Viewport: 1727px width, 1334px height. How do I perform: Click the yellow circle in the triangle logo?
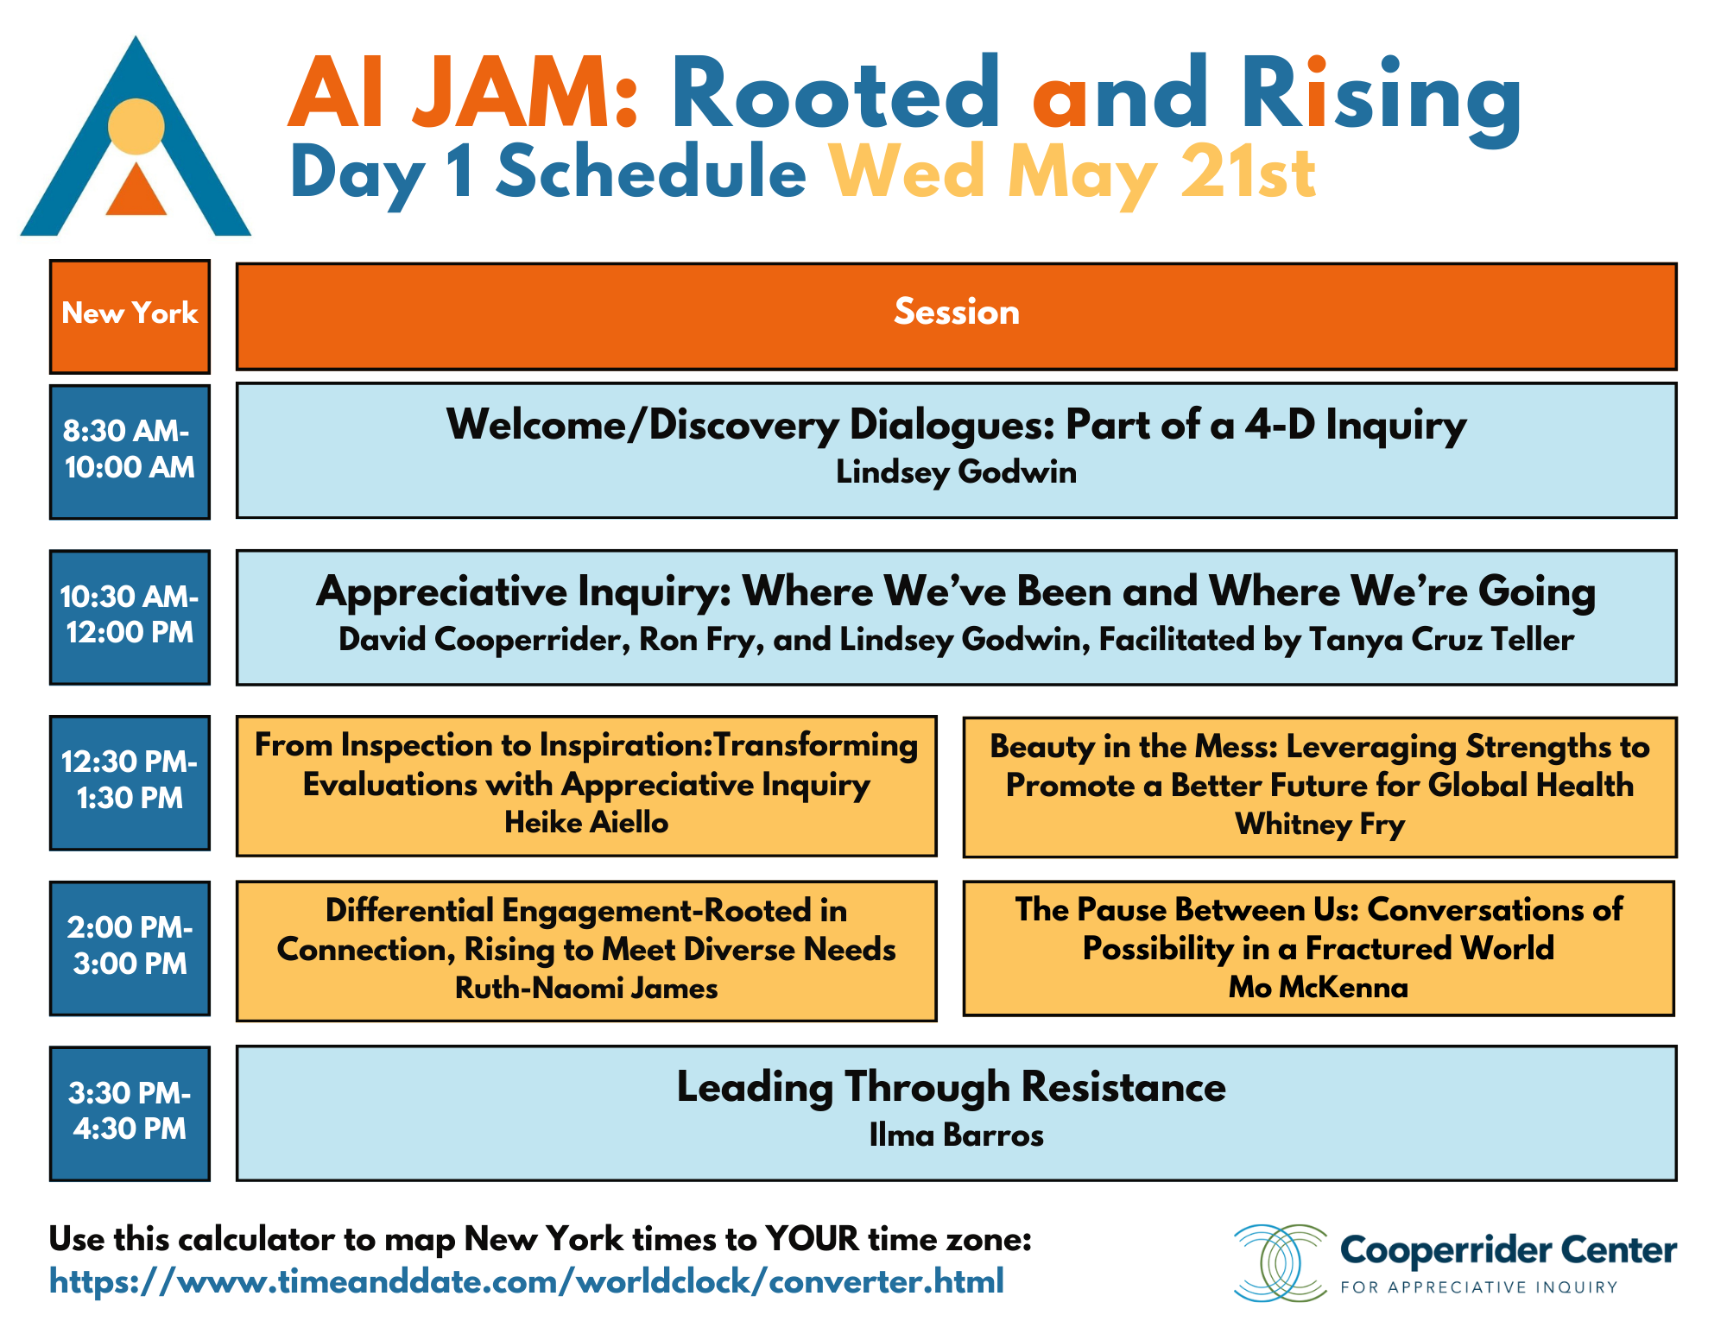(136, 127)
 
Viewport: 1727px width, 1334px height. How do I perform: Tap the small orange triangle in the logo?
(136, 191)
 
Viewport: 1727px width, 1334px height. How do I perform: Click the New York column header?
(130, 316)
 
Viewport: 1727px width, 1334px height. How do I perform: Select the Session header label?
(956, 312)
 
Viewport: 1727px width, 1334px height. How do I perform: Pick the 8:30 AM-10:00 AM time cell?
(130, 452)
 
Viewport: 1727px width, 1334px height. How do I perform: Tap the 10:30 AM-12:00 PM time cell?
(130, 616)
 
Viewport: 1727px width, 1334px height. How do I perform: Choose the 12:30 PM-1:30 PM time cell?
(130, 782)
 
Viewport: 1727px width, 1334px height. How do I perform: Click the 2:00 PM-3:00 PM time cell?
(130, 948)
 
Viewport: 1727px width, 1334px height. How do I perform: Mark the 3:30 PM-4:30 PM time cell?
(130, 1113)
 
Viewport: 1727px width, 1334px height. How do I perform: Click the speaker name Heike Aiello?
(586, 822)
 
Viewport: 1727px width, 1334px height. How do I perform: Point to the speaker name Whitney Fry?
(1319, 825)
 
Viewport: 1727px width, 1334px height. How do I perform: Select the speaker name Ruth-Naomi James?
(586, 988)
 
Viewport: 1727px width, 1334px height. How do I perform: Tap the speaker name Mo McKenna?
(1319, 987)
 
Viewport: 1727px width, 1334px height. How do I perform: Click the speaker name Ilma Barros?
(956, 1135)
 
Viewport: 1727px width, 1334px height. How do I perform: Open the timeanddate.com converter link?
(527, 1281)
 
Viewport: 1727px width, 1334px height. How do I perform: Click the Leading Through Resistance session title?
(951, 1087)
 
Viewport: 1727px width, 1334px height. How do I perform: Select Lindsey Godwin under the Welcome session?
(956, 472)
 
